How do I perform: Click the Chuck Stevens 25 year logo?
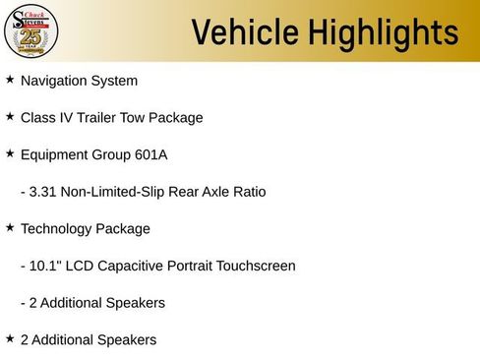31,31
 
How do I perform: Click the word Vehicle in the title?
245,32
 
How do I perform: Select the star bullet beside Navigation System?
10,79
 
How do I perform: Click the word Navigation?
53,81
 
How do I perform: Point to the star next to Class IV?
10,116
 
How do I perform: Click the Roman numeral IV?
66,118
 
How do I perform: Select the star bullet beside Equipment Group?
10,153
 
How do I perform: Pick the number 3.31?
42,192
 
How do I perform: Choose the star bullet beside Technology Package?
10,227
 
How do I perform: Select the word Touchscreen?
256,266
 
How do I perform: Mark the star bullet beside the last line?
10,338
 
